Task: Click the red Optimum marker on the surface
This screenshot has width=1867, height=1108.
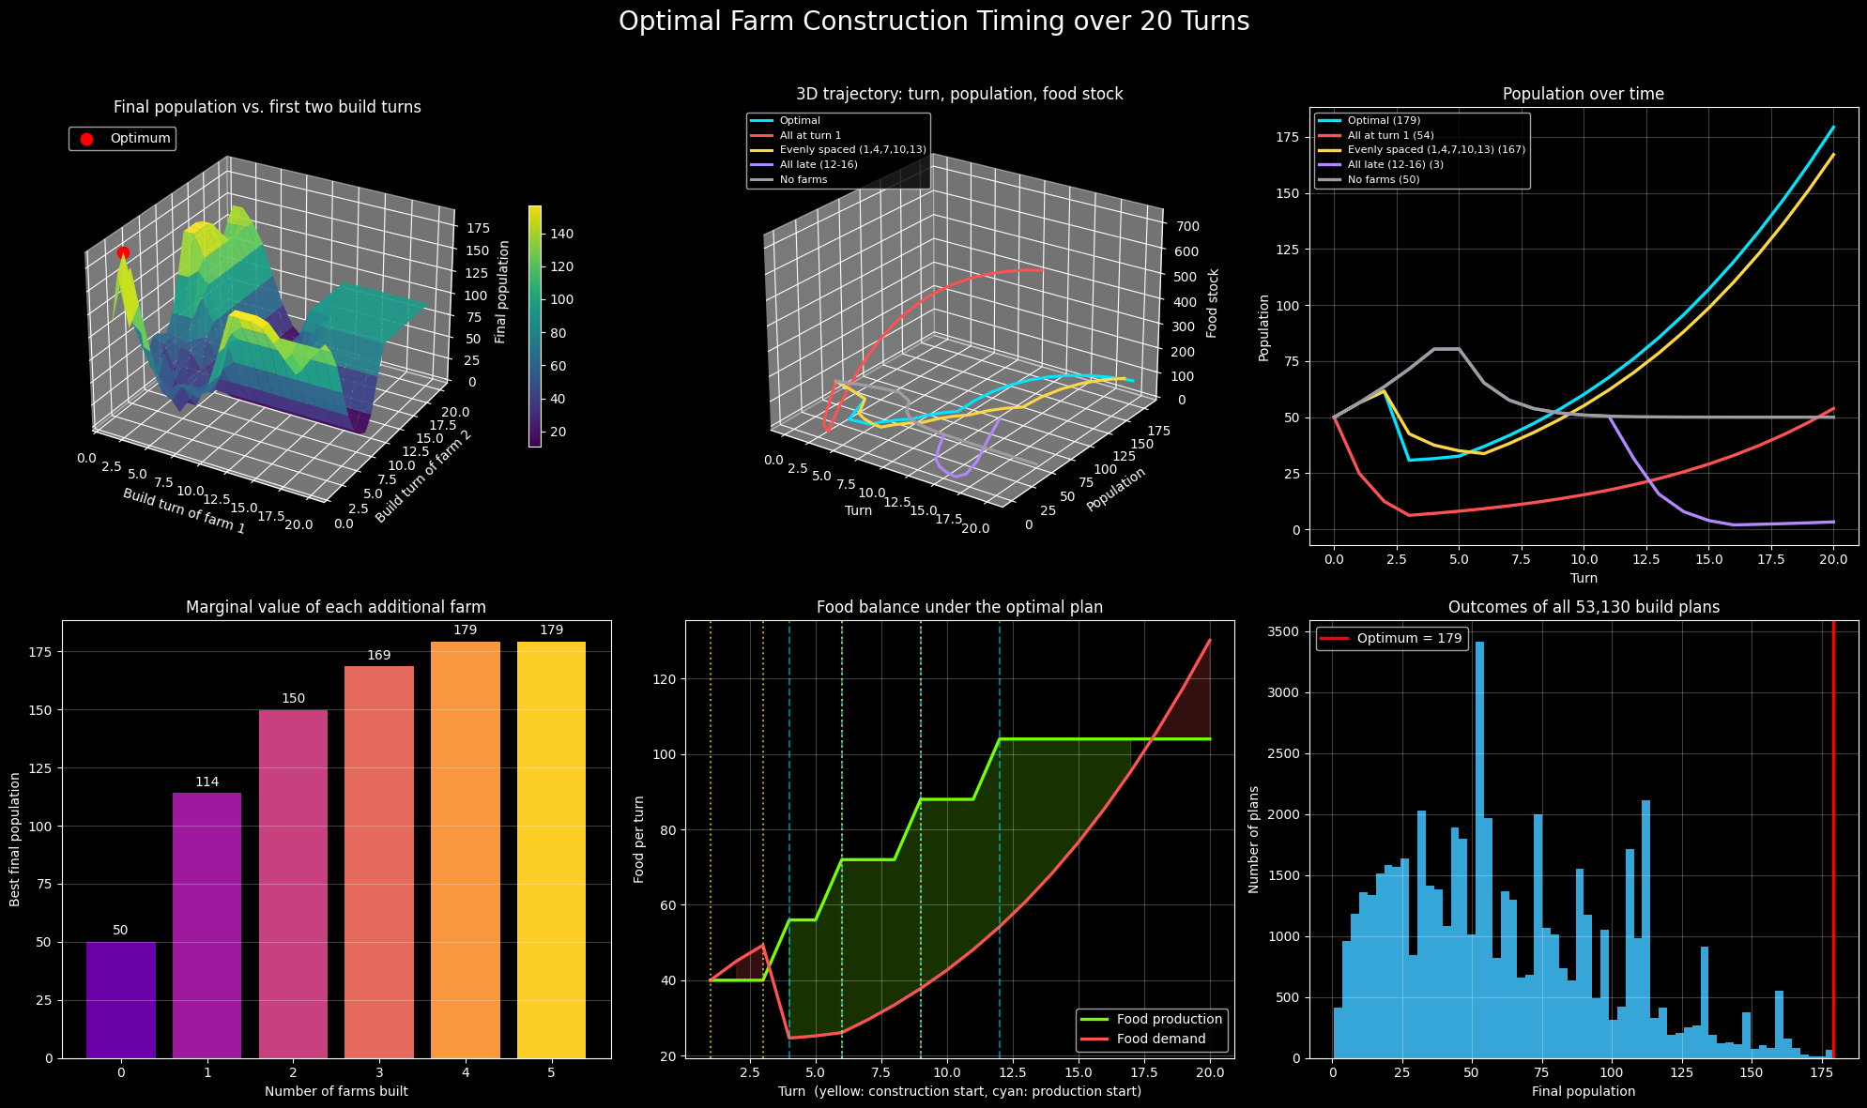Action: point(123,252)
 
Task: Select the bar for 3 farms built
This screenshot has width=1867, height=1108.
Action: point(379,862)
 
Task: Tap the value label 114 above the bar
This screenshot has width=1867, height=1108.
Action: point(207,782)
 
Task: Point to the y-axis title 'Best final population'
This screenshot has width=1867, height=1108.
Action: point(16,840)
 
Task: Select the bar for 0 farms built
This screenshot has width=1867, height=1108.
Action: point(120,1000)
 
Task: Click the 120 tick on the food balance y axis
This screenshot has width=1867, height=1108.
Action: point(665,679)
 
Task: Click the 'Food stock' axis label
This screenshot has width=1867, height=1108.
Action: point(1214,303)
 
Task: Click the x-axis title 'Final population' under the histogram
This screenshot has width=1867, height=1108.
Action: point(1584,1091)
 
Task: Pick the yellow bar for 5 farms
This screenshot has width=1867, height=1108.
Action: point(551,850)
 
